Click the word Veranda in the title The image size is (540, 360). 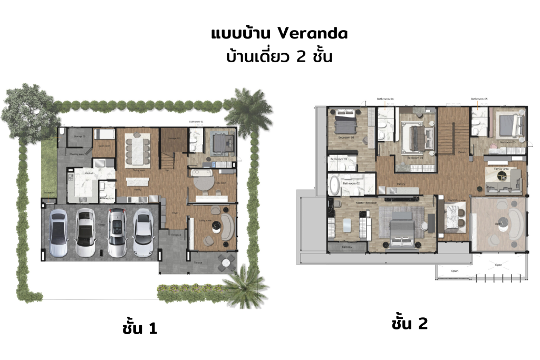[312, 34]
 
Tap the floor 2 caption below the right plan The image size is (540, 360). [409, 324]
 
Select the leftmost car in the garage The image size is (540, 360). [57, 232]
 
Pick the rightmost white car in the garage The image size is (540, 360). [143, 232]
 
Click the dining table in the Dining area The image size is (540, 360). [137, 148]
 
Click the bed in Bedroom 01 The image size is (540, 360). [218, 142]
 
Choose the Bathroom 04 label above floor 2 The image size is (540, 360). [385, 99]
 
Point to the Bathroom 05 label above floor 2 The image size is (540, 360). [479, 99]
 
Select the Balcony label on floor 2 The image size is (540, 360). [347, 247]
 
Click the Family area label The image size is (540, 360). [501, 169]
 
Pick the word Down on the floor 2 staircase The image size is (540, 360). [461, 152]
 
